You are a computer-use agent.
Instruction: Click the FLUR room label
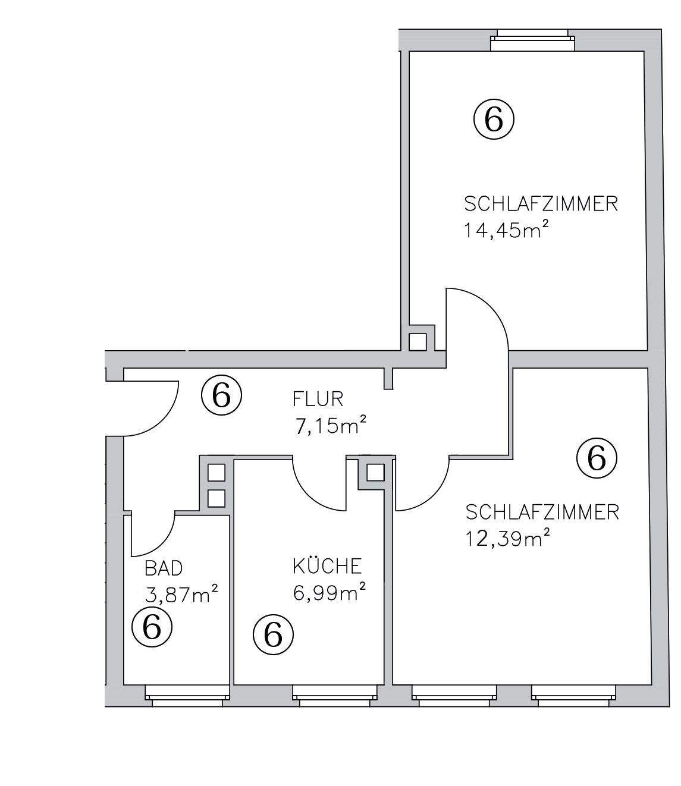point(318,398)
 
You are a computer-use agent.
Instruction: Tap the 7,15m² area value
point(329,425)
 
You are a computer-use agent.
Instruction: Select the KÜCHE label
point(327,566)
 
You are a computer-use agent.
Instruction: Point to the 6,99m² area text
point(329,592)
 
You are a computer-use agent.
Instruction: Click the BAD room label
point(164,568)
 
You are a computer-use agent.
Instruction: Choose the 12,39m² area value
point(507,539)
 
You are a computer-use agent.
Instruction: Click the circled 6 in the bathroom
point(152,627)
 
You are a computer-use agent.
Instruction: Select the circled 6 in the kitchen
point(274,635)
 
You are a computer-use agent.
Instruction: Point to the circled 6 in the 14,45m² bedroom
point(494,120)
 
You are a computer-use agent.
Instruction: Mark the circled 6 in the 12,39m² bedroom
point(597,458)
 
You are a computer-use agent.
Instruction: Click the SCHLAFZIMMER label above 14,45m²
point(541,204)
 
